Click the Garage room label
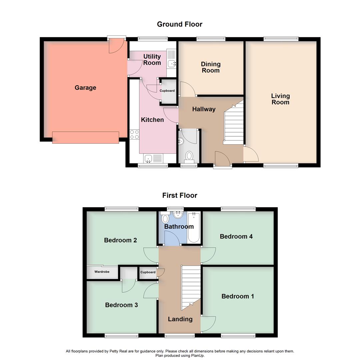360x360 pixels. (x=85, y=88)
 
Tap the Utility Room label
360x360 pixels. (x=152, y=60)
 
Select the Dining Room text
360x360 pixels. (x=211, y=67)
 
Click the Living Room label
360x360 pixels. (x=280, y=99)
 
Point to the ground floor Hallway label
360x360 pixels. (x=204, y=109)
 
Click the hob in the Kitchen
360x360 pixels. (x=134, y=134)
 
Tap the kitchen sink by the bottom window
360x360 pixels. (x=153, y=158)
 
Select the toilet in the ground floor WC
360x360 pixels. (x=189, y=156)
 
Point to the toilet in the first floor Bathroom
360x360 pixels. (x=165, y=219)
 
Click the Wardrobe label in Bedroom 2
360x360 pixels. (x=102, y=272)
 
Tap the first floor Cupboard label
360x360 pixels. (x=148, y=272)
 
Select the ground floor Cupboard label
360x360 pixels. (x=167, y=91)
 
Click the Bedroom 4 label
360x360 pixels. (x=236, y=236)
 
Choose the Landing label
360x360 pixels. (x=180, y=319)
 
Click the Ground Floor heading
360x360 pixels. (x=180, y=24)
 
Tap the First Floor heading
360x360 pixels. (x=180, y=195)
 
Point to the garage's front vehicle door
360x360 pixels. (x=85, y=137)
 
